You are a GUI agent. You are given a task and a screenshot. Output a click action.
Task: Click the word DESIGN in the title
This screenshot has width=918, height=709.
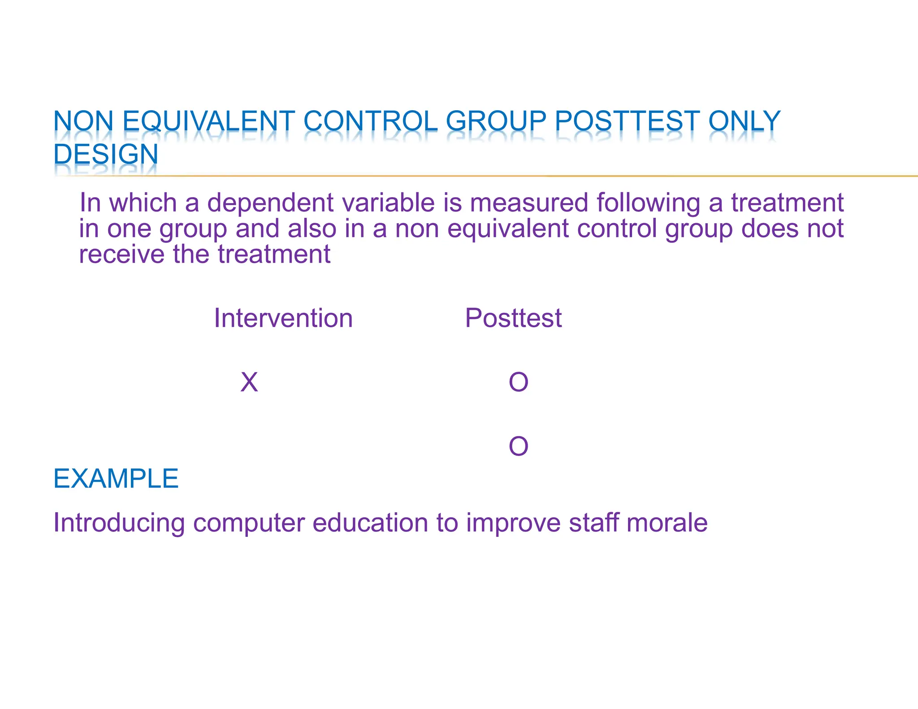click(x=106, y=154)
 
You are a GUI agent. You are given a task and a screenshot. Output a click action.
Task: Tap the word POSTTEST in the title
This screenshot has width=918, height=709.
click(x=627, y=121)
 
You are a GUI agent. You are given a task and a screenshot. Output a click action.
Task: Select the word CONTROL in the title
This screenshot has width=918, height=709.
click(x=370, y=121)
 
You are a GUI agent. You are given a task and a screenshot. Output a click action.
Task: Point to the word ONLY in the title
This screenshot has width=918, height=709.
click(x=744, y=121)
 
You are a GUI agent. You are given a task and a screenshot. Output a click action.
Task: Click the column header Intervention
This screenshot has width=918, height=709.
click(x=283, y=318)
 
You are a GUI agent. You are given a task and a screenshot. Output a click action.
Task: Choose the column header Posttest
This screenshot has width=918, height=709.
click(x=513, y=318)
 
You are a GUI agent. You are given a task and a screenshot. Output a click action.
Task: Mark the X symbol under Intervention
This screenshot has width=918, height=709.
click(x=249, y=382)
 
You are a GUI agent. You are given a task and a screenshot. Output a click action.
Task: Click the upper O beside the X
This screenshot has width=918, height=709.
click(x=519, y=382)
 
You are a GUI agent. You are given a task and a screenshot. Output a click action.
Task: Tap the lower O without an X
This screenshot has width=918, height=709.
click(x=519, y=446)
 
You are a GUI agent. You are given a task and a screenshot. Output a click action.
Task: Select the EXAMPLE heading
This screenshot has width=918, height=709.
click(x=116, y=479)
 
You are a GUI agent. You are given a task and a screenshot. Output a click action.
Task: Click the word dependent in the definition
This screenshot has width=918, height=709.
click(x=270, y=203)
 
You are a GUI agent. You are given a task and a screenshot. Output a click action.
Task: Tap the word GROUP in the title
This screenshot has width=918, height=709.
click(x=496, y=121)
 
